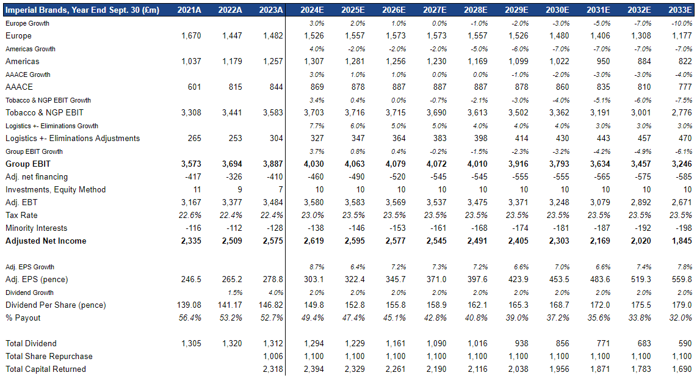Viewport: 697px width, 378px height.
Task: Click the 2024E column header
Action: [312, 10]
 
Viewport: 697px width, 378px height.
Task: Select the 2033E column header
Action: [680, 10]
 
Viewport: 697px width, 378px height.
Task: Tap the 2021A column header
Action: [189, 10]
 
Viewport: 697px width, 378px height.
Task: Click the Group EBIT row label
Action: [28, 164]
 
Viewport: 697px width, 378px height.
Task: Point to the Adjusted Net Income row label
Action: [46, 241]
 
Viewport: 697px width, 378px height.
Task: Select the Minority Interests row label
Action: [37, 228]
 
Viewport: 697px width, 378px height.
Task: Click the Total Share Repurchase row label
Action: [49, 356]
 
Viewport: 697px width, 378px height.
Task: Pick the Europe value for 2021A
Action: [191, 35]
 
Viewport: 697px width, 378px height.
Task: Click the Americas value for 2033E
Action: [685, 61]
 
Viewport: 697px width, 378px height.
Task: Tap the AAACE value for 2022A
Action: [235, 87]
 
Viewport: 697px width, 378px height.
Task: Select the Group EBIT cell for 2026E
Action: [395, 164]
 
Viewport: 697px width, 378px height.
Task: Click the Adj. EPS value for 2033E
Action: [682, 279]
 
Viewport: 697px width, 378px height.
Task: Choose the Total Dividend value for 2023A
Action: [273, 343]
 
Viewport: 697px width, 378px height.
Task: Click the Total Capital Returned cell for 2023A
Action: [273, 369]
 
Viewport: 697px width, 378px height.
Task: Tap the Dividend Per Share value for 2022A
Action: [230, 305]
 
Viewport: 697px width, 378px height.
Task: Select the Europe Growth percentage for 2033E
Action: [682, 23]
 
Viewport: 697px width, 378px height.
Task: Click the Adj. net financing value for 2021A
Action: [193, 177]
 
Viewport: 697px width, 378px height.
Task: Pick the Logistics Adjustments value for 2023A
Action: [276, 138]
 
